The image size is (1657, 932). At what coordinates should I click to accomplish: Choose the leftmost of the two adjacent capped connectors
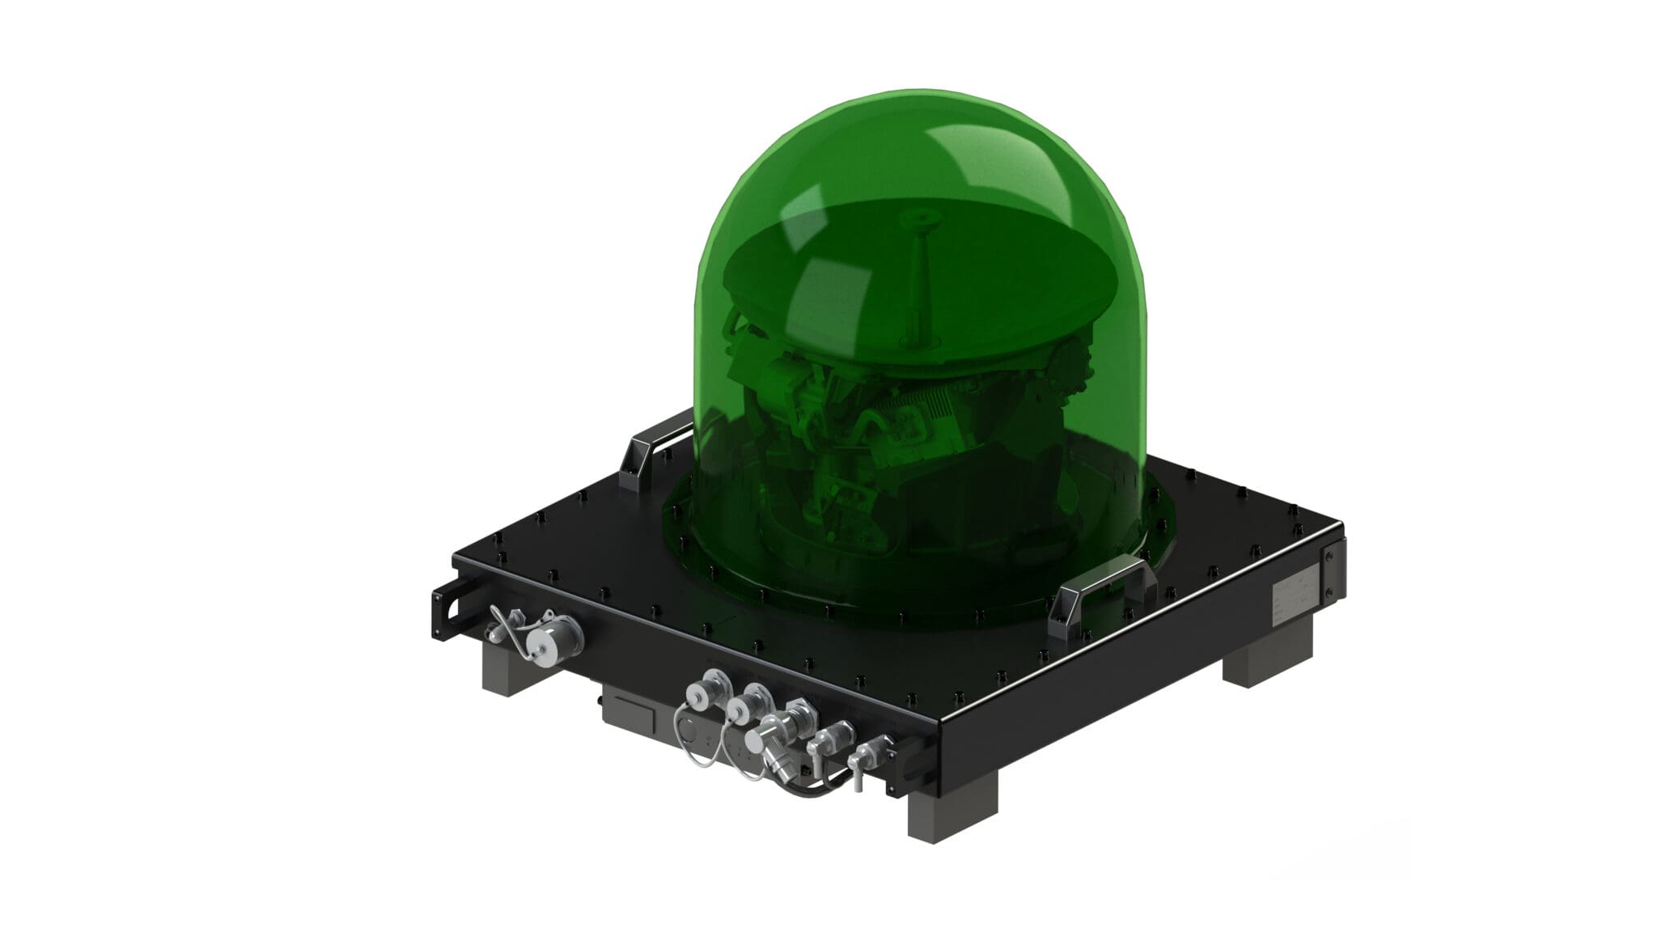pos(697,694)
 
